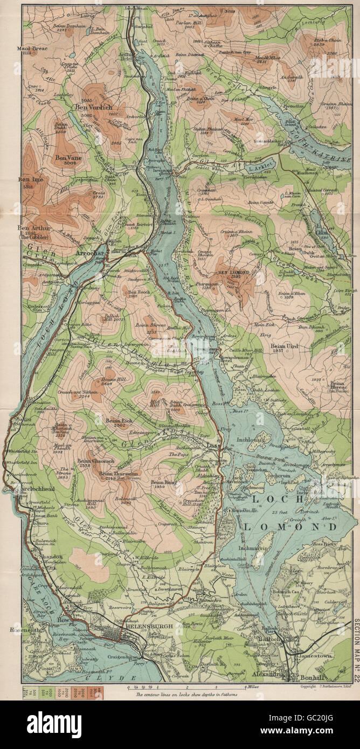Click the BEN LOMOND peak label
pyautogui.click(x=233, y=273)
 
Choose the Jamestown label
pyautogui.click(x=316, y=656)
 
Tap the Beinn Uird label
pyautogui.click(x=284, y=346)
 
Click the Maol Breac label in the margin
pyautogui.click(x=32, y=50)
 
